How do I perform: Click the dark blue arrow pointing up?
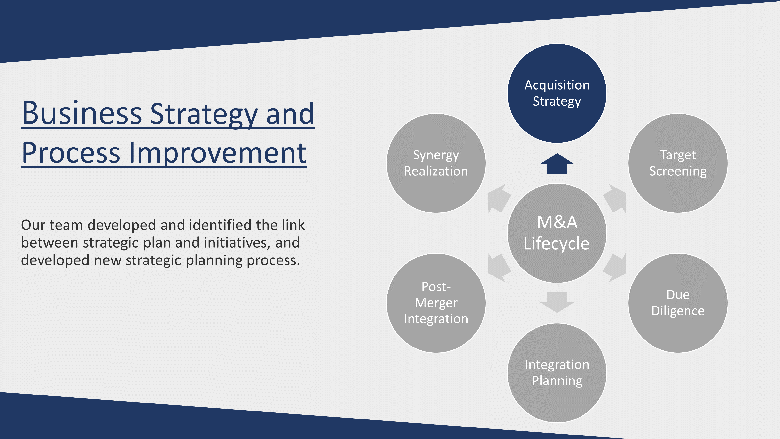click(x=557, y=164)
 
